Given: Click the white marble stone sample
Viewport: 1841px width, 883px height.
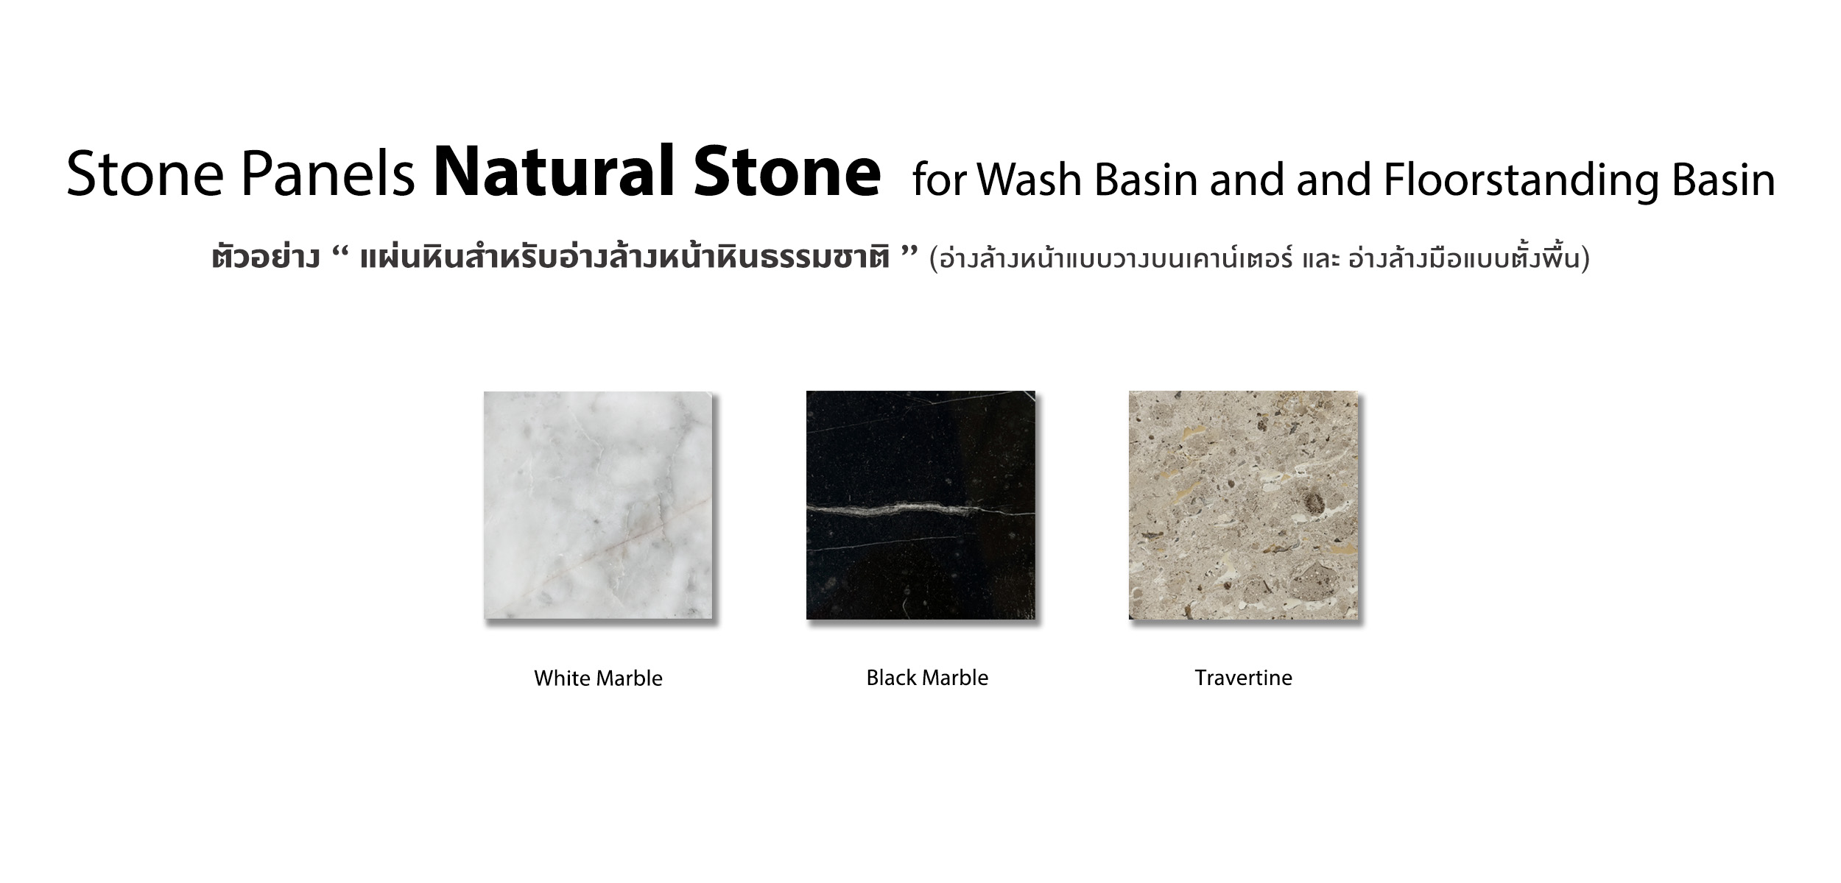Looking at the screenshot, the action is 598,505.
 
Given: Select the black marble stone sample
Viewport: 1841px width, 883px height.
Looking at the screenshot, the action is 921,505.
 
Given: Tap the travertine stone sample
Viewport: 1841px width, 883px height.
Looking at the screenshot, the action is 1243,505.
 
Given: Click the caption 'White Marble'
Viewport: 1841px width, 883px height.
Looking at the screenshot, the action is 598,678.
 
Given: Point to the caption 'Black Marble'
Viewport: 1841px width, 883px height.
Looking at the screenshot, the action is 927,677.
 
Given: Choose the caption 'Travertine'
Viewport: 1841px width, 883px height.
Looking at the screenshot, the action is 1243,677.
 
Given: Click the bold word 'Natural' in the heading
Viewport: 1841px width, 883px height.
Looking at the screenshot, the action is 555,172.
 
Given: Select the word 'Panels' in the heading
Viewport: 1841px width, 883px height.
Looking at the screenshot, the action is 327,175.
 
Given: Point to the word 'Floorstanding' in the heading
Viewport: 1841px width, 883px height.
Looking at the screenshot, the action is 1521,180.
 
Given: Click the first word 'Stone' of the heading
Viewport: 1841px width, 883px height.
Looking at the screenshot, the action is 145,175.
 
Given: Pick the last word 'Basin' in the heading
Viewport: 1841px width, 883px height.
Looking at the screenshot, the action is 1724,179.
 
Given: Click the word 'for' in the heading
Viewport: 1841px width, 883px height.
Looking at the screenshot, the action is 938,179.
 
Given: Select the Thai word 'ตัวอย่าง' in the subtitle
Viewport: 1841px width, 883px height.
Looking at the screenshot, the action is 265,258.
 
